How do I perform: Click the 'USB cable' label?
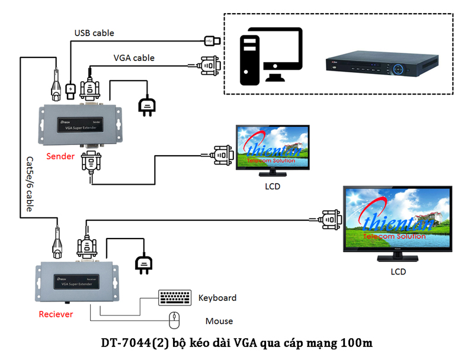click(94, 33)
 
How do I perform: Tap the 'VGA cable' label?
click(134, 58)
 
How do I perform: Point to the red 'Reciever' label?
click(56, 314)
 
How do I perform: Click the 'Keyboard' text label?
click(217, 298)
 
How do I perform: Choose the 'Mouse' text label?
click(219, 321)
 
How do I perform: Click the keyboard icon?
click(175, 297)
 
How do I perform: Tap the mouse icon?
click(174, 320)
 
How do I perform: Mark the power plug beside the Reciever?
click(144, 264)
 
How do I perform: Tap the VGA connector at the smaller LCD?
click(223, 156)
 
